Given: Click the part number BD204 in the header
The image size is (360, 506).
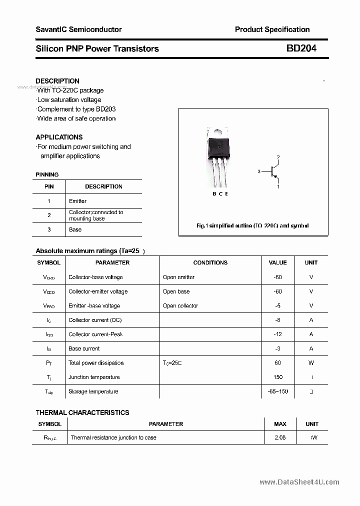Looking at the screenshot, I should pos(301,48).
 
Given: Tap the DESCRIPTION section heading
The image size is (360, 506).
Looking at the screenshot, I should pos(57,81).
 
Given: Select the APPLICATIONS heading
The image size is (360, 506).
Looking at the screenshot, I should pos(59,137).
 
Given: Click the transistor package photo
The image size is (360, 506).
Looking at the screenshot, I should pos(218,156).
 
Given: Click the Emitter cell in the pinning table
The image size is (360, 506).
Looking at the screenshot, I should pos(77,201).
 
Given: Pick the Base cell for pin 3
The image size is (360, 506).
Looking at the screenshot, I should pos(75,229).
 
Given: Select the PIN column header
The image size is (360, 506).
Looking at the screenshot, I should pos(49,186).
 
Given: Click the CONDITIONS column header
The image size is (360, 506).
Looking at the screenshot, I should pos(210,262).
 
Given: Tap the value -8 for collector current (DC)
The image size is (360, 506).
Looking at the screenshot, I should pos(277,320).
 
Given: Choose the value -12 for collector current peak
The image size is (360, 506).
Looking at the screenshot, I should pos(277,334).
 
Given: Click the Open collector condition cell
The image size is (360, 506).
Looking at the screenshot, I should pos(180,305).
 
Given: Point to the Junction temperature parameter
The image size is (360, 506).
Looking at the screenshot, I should pos(94,377).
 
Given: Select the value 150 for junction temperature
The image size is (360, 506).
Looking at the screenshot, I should pos(278,377).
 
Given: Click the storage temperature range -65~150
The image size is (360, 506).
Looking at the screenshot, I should pos(277,391).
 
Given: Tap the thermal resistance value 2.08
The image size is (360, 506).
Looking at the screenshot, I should pos(280,437).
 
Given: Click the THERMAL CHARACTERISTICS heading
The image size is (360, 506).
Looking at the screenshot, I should pos(82,412).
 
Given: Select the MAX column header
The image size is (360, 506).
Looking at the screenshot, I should pos(280,424).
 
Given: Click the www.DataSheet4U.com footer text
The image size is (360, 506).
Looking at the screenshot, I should pos(299,482).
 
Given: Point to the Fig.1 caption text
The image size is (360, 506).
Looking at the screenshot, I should pos(252,225).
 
